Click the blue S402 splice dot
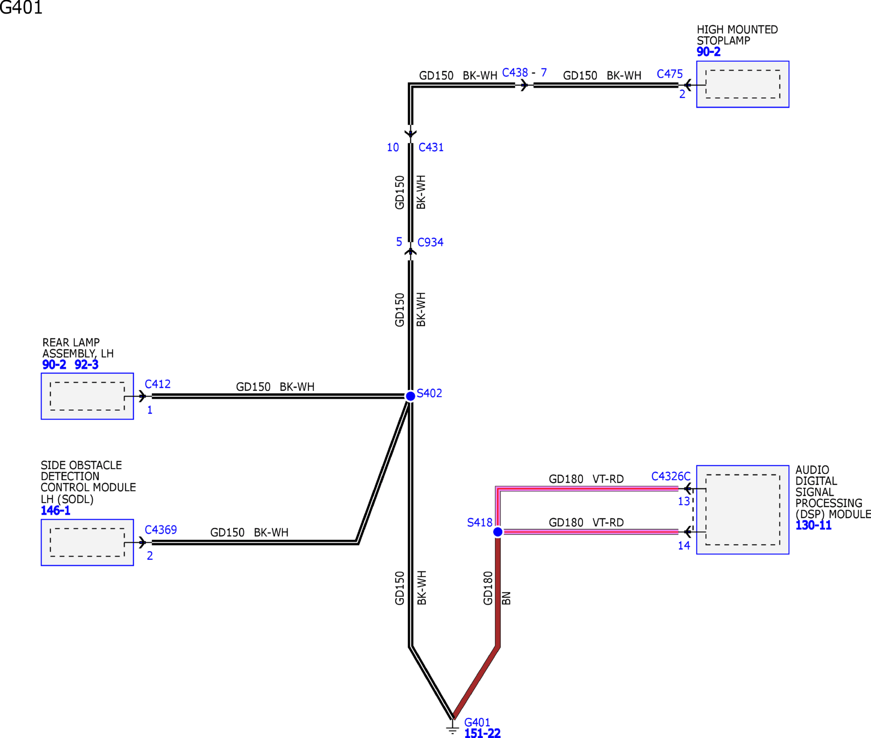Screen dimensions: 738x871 pyautogui.click(x=410, y=396)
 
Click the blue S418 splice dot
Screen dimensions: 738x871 pyautogui.click(x=498, y=532)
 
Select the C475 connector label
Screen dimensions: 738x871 pyautogui.click(x=669, y=74)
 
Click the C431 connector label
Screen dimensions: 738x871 pyautogui.click(x=431, y=147)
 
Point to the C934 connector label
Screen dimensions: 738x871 pyautogui.click(x=430, y=242)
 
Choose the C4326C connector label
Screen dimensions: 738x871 pyautogui.click(x=671, y=476)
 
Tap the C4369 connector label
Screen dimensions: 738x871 pyautogui.click(x=161, y=530)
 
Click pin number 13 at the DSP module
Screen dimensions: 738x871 pyautogui.click(x=684, y=501)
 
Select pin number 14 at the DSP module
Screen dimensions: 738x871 pyautogui.click(x=684, y=546)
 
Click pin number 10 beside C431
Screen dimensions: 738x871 pyautogui.click(x=393, y=147)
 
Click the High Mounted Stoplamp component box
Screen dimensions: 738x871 pyautogui.click(x=742, y=84)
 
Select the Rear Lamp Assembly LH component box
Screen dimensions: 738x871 pyautogui.click(x=87, y=396)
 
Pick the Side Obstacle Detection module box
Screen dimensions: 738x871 pyautogui.click(x=87, y=542)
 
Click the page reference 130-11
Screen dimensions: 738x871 pyautogui.click(x=813, y=525)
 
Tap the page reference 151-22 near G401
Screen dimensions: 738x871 pyautogui.click(x=482, y=733)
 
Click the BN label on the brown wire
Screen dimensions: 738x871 pyautogui.click(x=506, y=598)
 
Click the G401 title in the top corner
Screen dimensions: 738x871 pyautogui.click(x=21, y=7)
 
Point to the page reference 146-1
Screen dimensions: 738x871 pyautogui.click(x=55, y=511)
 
